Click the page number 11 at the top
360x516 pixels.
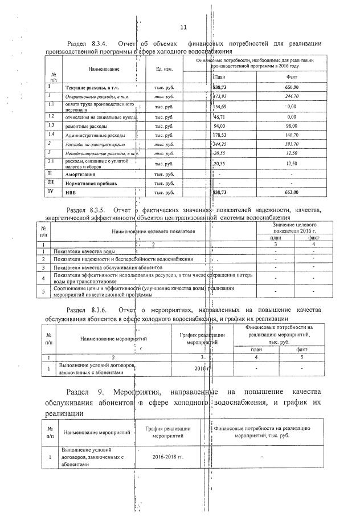[183, 27]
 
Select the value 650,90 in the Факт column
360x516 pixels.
[292, 87]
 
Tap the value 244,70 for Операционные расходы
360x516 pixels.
[292, 96]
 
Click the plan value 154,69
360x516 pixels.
[220, 106]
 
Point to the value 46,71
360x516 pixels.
[220, 116]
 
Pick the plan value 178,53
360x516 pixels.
[220, 135]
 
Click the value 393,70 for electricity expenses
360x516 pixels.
[292, 145]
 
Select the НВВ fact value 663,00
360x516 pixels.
[292, 193]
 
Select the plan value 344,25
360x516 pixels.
[220, 145]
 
